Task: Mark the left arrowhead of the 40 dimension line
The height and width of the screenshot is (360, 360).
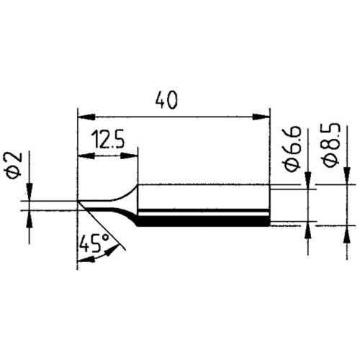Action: click(81, 115)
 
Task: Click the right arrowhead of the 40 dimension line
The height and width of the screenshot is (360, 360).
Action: click(264, 115)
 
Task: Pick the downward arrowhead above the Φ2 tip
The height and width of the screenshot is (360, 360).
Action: click(28, 197)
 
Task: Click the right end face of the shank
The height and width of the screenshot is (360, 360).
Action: click(269, 205)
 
